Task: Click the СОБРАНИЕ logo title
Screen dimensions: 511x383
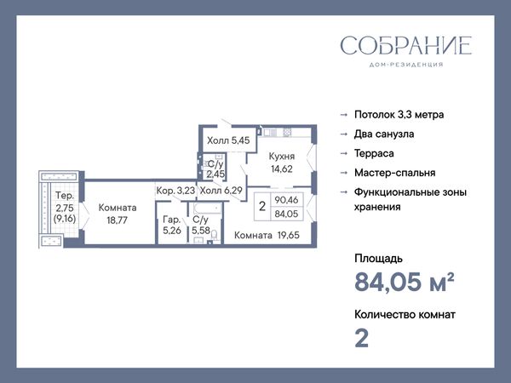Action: click(406, 45)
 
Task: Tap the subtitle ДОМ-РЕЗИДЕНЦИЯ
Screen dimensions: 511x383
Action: click(406, 65)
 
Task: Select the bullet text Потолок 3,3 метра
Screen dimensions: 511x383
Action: click(399, 115)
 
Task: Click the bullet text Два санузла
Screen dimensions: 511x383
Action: click(384, 134)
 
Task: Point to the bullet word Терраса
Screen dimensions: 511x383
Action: click(374, 153)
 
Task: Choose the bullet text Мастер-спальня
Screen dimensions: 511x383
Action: click(394, 173)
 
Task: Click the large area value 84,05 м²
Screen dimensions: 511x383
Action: click(404, 282)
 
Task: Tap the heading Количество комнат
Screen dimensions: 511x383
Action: click(405, 315)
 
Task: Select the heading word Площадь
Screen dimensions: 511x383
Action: click(378, 259)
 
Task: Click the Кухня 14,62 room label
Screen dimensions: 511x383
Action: click(282, 163)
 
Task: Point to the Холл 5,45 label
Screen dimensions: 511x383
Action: click(228, 140)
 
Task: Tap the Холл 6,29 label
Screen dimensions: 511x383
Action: click(221, 190)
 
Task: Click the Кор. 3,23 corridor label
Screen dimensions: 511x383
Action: click(175, 191)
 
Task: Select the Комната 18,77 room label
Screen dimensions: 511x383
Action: click(118, 214)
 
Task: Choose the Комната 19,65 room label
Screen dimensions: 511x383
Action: click(267, 235)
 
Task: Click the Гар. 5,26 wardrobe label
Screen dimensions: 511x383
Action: click(172, 225)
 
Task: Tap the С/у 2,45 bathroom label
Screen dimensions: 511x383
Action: click(215, 169)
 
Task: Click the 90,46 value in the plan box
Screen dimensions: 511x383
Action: click(286, 200)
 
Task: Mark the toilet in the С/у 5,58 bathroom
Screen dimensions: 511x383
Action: click(214, 235)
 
